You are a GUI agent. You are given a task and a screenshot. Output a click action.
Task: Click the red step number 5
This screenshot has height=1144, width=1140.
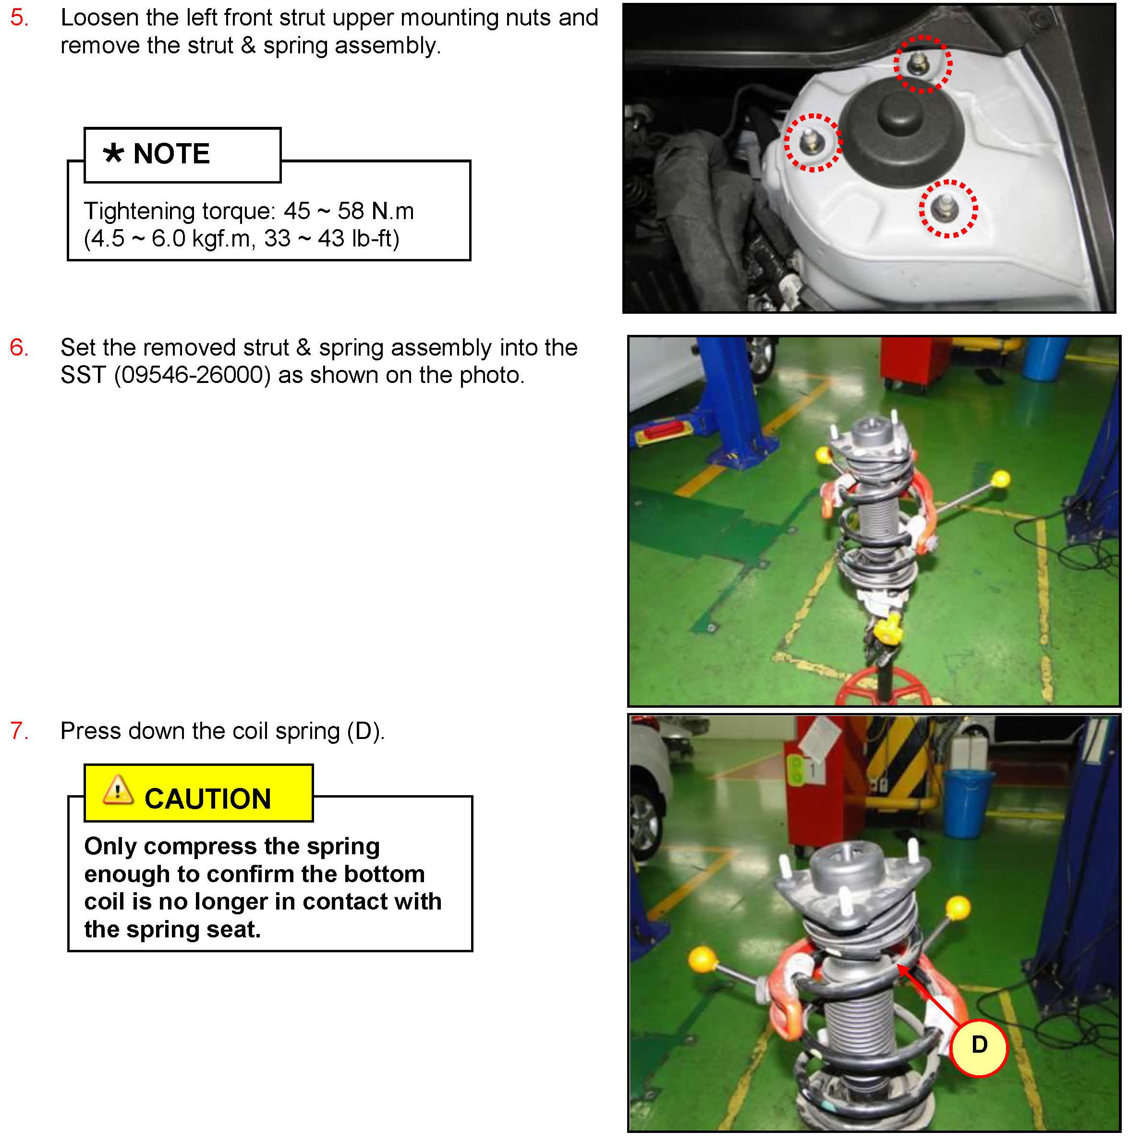pos(19,18)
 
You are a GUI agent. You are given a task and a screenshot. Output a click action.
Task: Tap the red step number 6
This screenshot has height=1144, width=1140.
pos(19,347)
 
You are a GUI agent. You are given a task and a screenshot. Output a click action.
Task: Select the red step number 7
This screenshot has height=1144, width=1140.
pos(19,731)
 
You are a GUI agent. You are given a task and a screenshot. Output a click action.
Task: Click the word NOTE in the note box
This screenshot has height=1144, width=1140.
pos(171,154)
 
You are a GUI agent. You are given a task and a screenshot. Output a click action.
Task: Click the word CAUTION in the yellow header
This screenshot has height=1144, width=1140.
pos(208,799)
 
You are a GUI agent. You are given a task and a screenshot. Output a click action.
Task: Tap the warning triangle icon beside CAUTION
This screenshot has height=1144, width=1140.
pos(118,790)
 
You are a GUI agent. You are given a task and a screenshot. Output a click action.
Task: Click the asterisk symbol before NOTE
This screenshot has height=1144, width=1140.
pos(113,153)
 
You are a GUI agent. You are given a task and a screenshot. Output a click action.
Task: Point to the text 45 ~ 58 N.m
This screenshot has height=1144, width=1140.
pos(349,211)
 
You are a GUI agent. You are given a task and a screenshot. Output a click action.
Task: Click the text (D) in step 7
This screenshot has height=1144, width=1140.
pos(366,731)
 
